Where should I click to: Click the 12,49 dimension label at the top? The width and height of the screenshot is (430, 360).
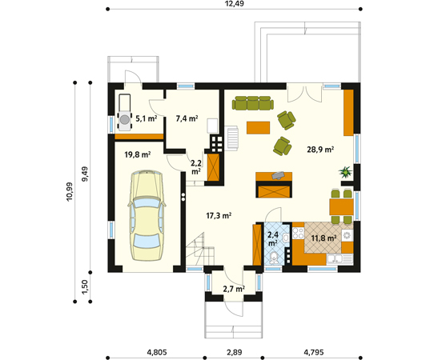(234, 3)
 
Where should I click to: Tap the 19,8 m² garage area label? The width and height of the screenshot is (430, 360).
(138, 154)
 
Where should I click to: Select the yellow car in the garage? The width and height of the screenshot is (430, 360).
(147, 215)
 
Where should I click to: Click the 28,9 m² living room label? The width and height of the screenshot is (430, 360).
(320, 150)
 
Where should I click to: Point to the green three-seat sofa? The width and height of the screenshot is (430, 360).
(253, 103)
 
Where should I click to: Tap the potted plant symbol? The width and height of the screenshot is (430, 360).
(345, 172)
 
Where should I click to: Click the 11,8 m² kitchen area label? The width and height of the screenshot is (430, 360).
(324, 238)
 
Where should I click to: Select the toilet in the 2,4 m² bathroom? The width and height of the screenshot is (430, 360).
(274, 258)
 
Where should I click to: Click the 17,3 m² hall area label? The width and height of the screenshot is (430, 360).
(219, 216)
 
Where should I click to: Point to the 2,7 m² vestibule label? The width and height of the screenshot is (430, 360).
(234, 289)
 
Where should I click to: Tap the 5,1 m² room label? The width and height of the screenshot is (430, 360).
(147, 118)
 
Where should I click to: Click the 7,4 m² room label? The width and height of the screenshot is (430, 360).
(187, 118)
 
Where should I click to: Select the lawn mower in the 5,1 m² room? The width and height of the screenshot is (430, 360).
(124, 112)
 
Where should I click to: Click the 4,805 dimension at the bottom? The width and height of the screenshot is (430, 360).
(157, 352)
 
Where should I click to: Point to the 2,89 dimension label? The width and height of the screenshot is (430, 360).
(235, 352)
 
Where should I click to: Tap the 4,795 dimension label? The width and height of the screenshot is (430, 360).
(314, 352)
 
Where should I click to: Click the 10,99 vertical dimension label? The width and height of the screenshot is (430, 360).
(70, 191)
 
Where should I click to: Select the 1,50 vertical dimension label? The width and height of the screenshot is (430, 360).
(85, 287)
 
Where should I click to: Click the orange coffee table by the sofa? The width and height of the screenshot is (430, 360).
(258, 128)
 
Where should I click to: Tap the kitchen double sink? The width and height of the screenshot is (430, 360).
(335, 258)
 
